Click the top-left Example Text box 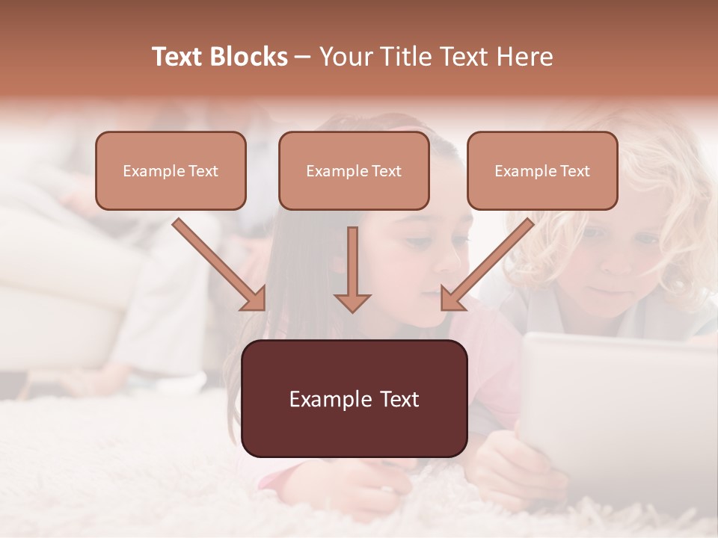pos(171,170)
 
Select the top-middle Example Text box pos(354,170)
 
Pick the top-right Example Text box pos(542,170)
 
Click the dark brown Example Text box pos(354,398)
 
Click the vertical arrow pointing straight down pos(352,269)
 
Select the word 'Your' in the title pos(348,57)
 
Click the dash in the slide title pos(303,57)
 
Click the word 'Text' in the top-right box pos(574,170)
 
